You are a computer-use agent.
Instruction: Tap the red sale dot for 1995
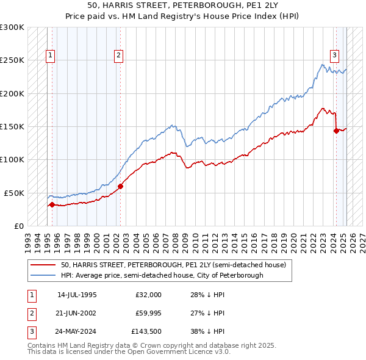tap(52, 204)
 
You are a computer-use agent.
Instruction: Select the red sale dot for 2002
tap(121, 186)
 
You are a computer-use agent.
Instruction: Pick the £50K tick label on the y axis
tap(13, 193)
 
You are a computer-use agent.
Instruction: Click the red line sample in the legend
tap(43, 265)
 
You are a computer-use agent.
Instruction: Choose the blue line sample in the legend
tap(43, 275)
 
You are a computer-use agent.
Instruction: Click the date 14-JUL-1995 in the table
tap(76, 295)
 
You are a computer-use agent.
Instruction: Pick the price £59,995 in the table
tap(148, 314)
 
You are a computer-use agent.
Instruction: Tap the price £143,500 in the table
tap(146, 333)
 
